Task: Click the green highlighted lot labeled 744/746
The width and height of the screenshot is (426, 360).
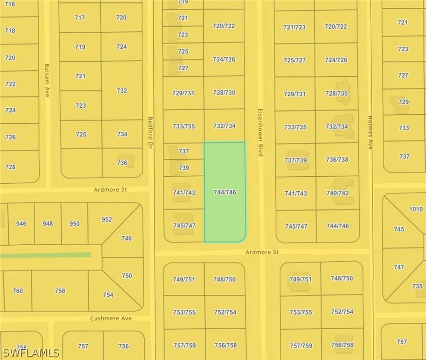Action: pos(224,192)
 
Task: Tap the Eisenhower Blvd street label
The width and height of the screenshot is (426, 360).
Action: pos(259,133)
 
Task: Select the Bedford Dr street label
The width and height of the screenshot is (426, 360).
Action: pos(151,133)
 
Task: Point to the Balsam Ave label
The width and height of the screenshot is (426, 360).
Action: pos(47,80)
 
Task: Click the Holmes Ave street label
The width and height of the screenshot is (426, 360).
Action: pos(370,133)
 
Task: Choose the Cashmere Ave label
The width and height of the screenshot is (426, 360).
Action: pos(111,318)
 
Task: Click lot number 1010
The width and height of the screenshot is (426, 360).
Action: pos(416,209)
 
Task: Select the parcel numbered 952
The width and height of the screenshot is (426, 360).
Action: pos(106,219)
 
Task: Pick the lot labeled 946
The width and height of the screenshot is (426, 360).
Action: pos(21,224)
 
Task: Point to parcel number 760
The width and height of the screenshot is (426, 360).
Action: pos(17,291)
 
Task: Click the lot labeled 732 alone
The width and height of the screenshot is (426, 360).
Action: pos(122,90)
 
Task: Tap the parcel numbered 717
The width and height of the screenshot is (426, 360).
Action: pos(80,18)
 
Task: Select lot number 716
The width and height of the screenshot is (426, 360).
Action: pos(10,4)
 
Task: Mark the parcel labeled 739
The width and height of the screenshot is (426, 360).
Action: pos(183,167)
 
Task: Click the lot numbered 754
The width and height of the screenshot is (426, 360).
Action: pos(108,295)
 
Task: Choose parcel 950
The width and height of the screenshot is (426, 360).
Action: pos(75,224)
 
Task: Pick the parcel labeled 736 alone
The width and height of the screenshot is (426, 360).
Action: pos(122,163)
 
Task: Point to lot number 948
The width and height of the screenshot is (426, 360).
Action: pos(48,224)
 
